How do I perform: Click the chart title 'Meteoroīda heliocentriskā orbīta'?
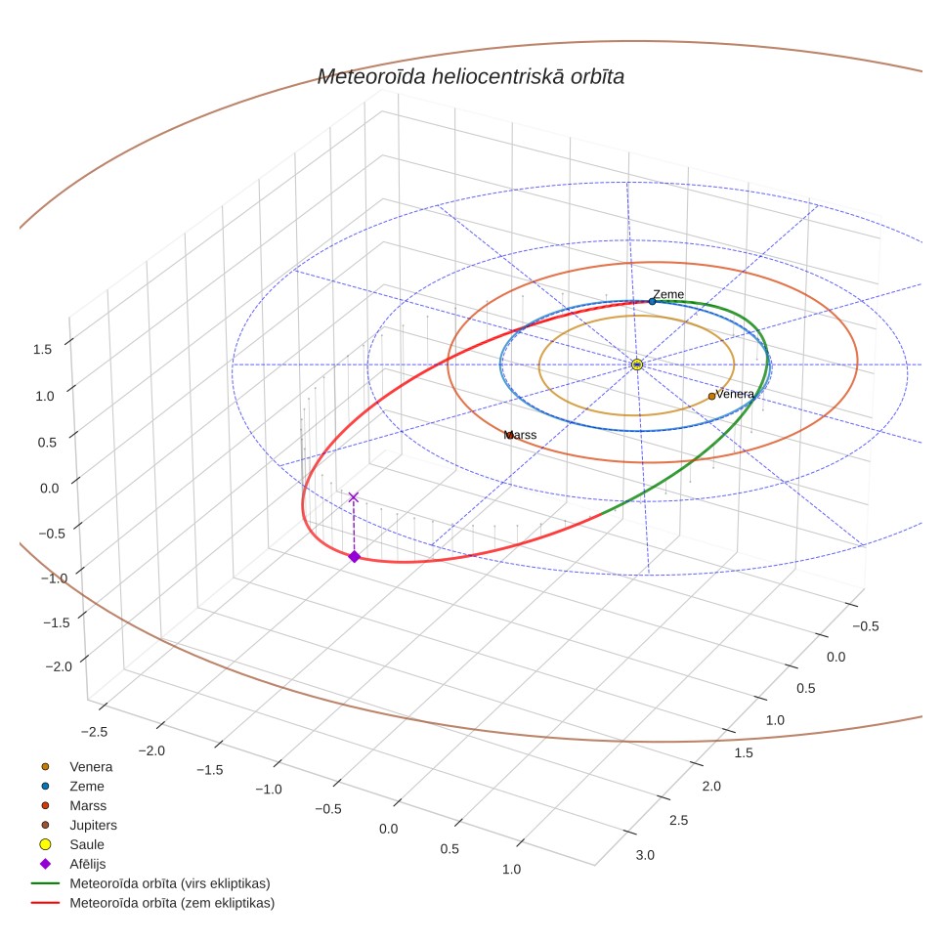(470, 77)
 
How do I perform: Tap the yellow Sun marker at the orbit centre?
(637, 364)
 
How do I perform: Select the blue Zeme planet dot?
(653, 302)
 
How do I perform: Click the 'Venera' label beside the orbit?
(735, 394)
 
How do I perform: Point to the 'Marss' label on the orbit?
(520, 435)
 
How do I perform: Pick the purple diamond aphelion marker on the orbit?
(355, 557)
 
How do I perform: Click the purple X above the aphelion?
(354, 497)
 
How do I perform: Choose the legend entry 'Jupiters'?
(93, 825)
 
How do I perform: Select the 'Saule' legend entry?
(87, 844)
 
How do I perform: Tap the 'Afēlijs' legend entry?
(88, 864)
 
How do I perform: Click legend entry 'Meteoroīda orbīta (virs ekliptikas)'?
(170, 883)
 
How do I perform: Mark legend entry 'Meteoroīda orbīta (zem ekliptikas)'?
(172, 903)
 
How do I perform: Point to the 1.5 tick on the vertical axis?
(43, 349)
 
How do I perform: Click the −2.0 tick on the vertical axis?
(59, 666)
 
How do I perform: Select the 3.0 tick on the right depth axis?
(645, 855)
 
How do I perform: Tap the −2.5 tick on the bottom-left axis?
(95, 732)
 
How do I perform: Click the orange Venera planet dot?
(712, 396)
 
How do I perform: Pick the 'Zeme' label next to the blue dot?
(668, 294)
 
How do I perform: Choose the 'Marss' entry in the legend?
(88, 805)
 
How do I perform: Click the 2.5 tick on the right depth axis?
(679, 821)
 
